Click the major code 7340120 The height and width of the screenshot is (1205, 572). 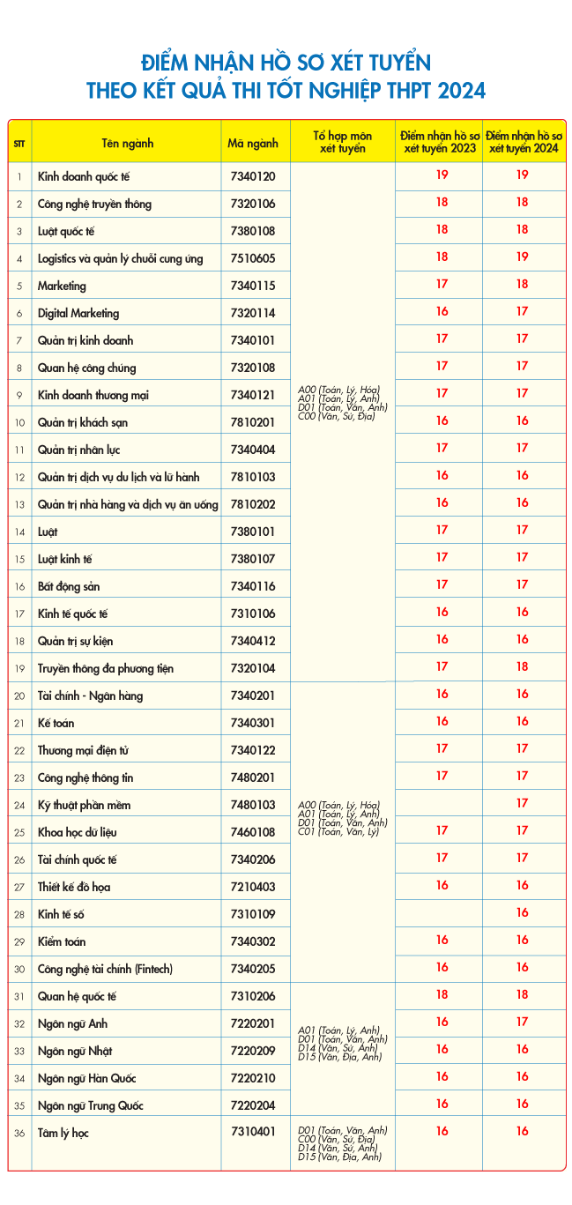(x=252, y=176)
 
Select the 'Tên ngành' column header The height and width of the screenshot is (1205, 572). (x=127, y=142)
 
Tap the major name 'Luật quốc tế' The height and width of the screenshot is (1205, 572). (x=65, y=231)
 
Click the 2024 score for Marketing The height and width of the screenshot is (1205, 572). (x=522, y=284)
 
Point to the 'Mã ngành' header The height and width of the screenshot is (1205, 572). (x=253, y=142)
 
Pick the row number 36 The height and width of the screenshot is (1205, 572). (x=19, y=1133)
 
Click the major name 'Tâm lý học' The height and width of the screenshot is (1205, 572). (x=63, y=1133)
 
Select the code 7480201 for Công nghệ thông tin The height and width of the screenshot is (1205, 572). (x=252, y=777)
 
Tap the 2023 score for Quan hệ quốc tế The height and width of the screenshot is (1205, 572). (x=442, y=994)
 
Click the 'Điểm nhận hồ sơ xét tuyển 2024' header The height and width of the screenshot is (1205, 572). (x=524, y=142)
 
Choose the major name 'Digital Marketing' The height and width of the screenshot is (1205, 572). (x=78, y=313)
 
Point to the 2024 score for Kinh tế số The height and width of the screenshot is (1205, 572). (x=522, y=912)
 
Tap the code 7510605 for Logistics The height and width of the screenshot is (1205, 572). (x=252, y=258)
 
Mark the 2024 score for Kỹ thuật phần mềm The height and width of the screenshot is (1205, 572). (x=522, y=803)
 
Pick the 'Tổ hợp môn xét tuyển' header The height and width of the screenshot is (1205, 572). (x=342, y=142)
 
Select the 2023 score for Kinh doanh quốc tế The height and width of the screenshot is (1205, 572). (x=442, y=175)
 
